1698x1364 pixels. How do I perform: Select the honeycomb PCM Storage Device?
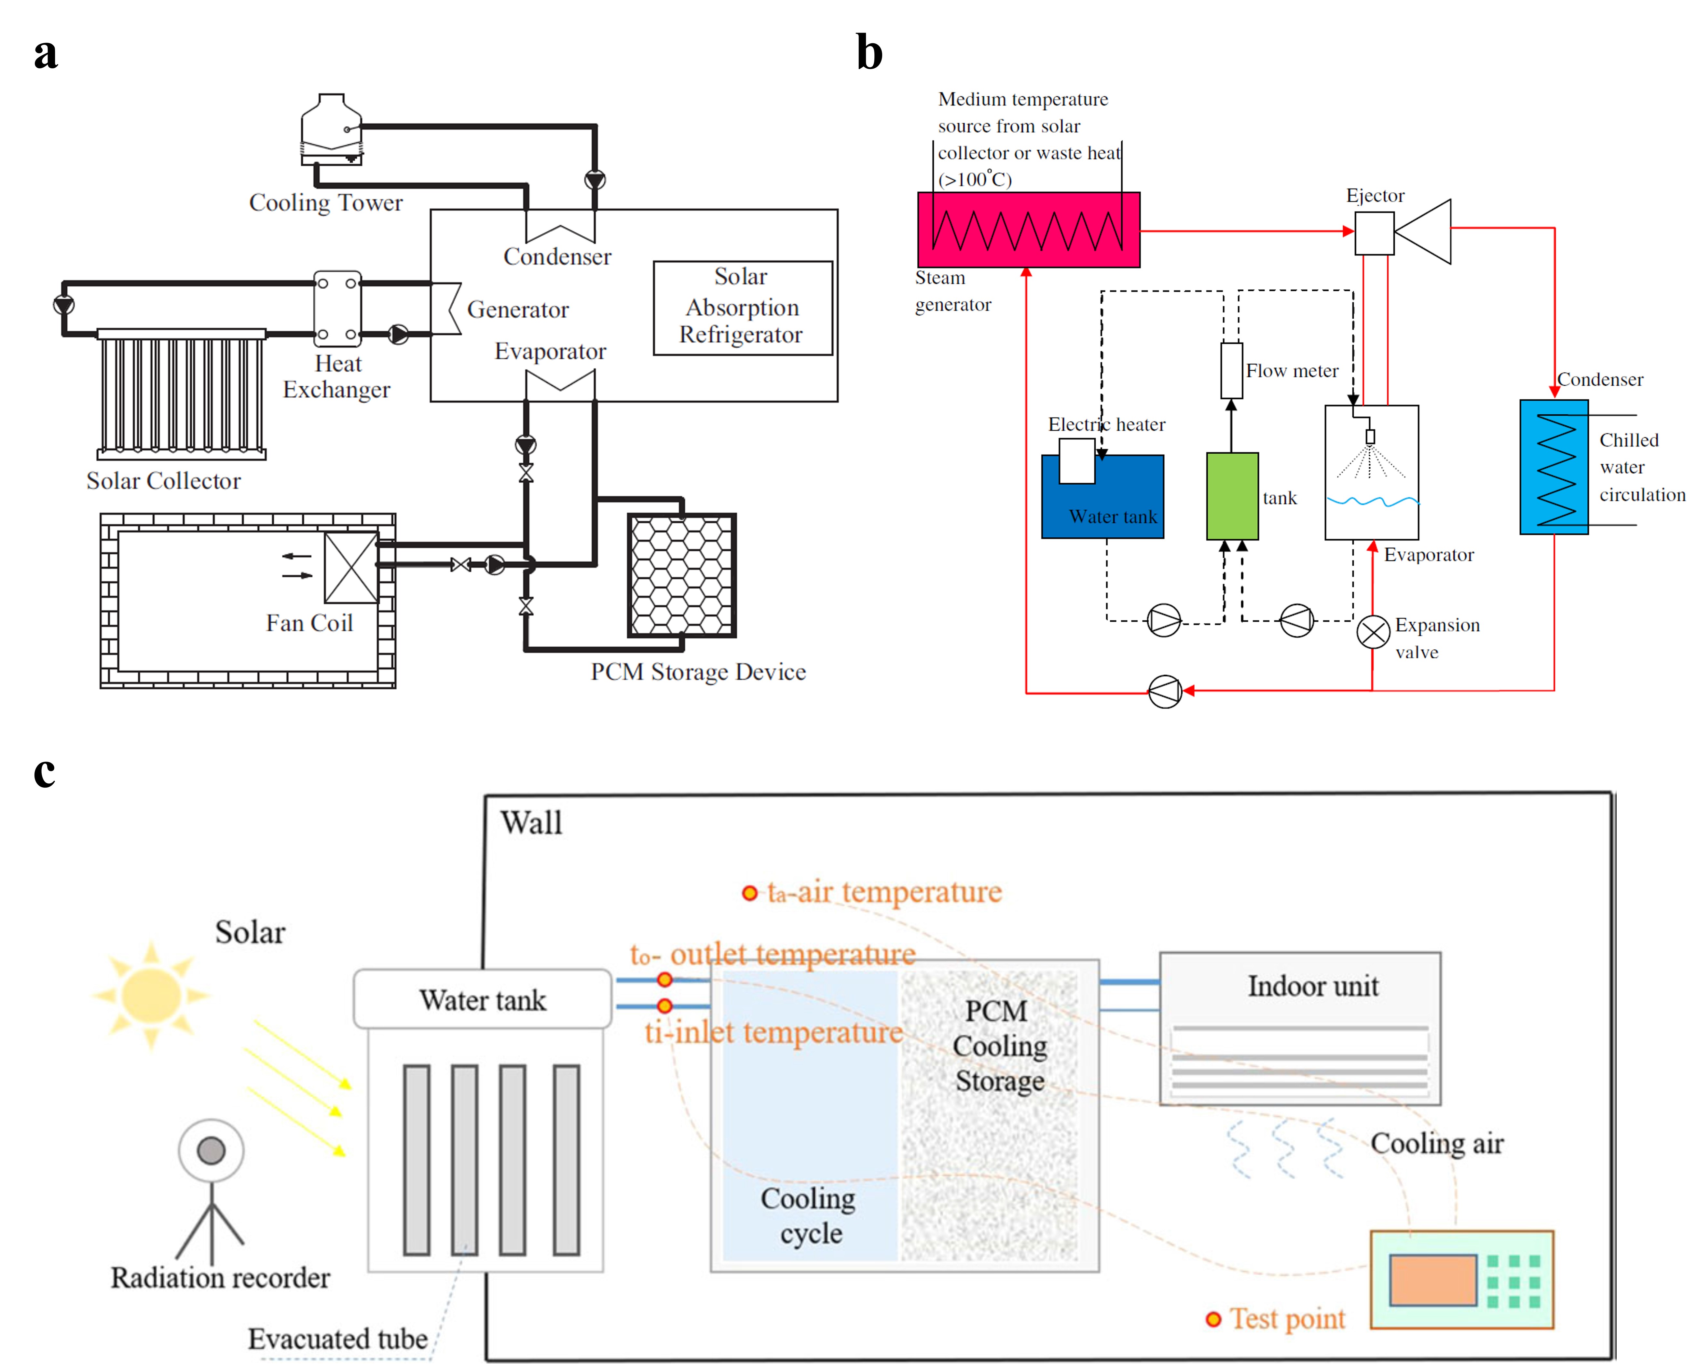tap(681, 575)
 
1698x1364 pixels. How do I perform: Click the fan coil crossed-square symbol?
tap(351, 567)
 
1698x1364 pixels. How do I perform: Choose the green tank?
tap(1232, 496)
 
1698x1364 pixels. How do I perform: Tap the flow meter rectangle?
tap(1231, 370)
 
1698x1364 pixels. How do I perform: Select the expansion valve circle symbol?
tap(1373, 632)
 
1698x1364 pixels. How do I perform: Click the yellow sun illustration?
tap(151, 995)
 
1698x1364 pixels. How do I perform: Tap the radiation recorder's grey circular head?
tap(211, 1150)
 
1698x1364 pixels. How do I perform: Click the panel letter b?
tap(870, 54)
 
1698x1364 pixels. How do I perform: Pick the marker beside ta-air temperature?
tap(749, 893)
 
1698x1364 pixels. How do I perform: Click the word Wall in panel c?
tap(532, 823)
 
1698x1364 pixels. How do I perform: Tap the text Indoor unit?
tap(1313, 986)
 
